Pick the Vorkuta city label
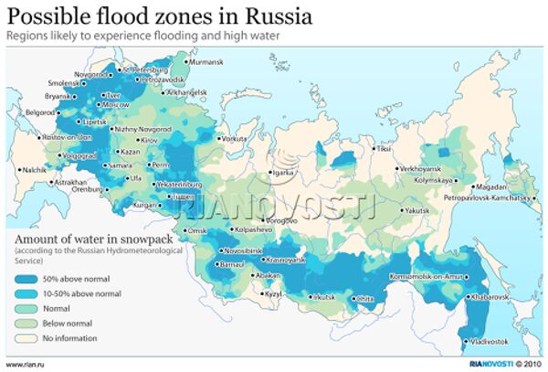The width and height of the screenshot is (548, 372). (236, 138)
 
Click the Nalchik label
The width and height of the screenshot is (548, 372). (33, 170)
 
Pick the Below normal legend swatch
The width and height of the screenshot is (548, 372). (26, 324)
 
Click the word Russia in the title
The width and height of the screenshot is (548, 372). (279, 16)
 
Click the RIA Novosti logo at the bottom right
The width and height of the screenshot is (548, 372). (477, 363)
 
